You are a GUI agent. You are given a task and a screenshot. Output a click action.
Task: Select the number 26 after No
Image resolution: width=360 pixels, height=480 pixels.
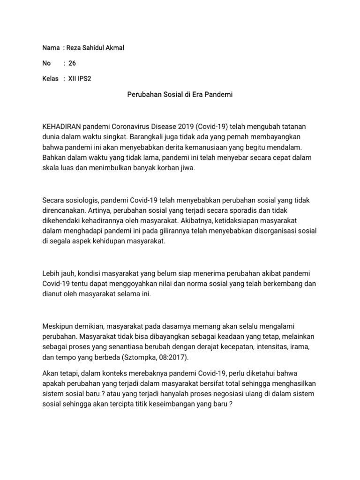coord(72,63)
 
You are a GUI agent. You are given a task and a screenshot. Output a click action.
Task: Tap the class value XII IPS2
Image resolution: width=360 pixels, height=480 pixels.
coord(80,79)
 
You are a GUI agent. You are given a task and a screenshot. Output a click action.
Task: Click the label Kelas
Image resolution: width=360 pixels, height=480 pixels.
coord(50,79)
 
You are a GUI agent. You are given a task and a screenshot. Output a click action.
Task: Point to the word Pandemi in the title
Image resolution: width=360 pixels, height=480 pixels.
coord(217,95)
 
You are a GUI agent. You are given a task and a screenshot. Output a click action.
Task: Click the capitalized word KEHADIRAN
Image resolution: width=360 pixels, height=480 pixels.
coord(62,127)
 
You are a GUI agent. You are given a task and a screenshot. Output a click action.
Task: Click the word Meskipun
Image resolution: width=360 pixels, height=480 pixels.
coord(58,326)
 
